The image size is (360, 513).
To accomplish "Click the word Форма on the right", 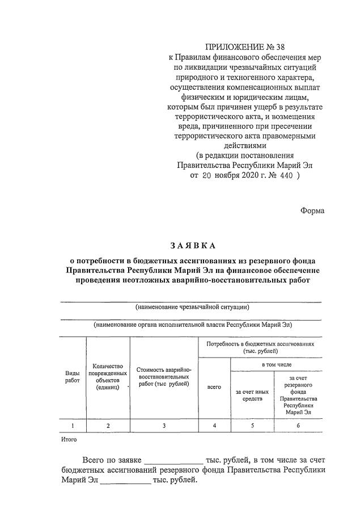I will [x=312, y=211].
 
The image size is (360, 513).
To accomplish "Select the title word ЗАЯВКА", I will [x=193, y=246].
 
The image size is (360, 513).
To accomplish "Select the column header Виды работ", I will [x=73, y=376].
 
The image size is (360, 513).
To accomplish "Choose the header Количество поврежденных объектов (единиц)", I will [x=108, y=376].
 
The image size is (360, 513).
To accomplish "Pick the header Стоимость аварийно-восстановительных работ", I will [x=164, y=376].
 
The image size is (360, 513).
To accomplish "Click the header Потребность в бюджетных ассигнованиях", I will [x=260, y=347].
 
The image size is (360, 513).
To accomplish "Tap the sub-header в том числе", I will [x=276, y=364].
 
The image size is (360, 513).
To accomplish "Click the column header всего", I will [x=214, y=387].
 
